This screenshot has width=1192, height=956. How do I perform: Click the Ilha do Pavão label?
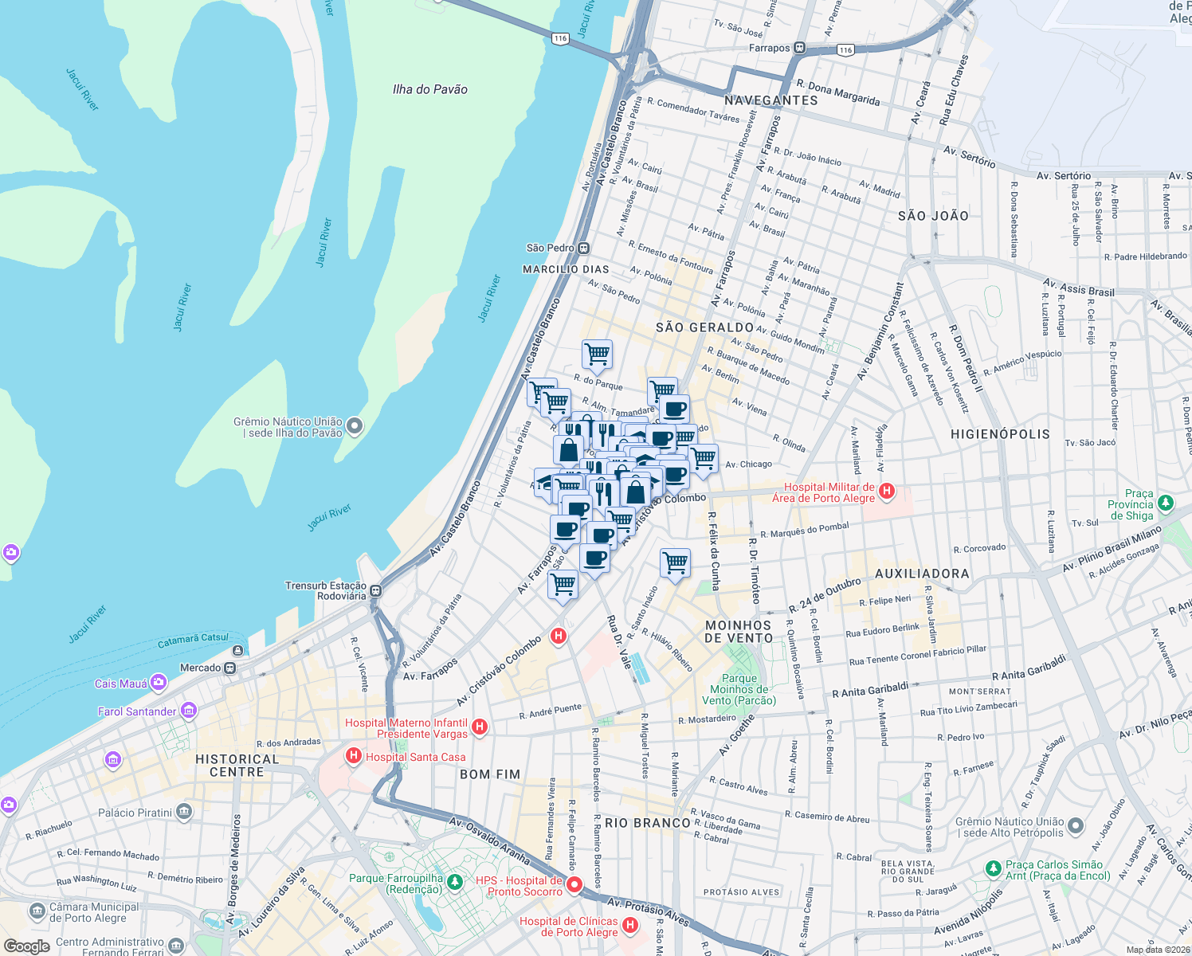(429, 89)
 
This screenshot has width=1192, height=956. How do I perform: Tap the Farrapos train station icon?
(799, 48)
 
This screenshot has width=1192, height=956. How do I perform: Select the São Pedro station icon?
(584, 248)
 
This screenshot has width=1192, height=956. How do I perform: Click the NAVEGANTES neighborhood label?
(770, 100)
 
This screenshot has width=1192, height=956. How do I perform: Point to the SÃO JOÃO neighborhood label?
(933, 216)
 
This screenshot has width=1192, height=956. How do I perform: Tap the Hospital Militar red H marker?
(886, 492)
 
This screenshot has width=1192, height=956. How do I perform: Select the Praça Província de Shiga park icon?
(1165, 503)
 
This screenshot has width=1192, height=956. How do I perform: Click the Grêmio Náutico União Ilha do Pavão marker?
(355, 426)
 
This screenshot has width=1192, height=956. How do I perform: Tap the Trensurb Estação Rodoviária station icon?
(375, 591)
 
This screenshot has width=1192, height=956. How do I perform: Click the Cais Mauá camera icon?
(159, 683)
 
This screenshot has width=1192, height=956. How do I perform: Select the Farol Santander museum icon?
(188, 711)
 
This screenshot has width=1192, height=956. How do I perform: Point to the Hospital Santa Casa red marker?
(353, 756)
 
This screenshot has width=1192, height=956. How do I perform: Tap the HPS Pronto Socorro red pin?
(574, 884)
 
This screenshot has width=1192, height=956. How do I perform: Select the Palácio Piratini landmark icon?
(184, 812)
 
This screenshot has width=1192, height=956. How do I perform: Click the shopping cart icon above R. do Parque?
(597, 353)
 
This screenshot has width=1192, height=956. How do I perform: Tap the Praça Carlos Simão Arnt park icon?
(993, 868)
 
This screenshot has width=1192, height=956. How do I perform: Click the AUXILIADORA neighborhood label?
(922, 574)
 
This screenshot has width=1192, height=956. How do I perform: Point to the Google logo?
(26, 946)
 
